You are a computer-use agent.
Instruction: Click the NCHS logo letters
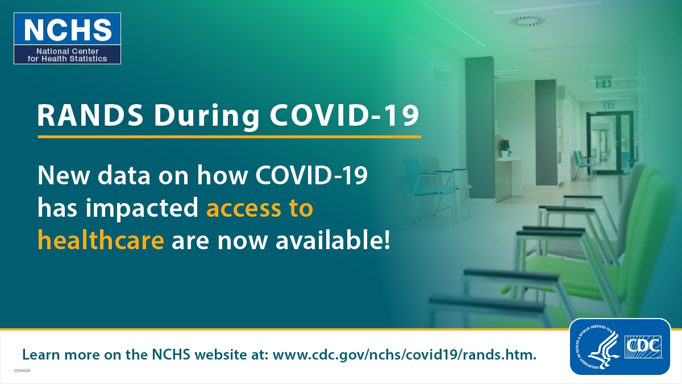68,30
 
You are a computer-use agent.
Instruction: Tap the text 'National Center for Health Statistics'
67,55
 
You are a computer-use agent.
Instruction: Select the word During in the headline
207,117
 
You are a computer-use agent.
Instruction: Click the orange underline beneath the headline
229,137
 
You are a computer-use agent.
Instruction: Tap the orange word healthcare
101,240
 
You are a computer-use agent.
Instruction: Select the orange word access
244,208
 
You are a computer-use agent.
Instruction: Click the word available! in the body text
332,240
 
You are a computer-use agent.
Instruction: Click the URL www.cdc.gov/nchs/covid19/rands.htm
404,355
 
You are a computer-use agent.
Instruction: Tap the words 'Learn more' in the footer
61,355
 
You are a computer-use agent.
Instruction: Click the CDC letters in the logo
643,347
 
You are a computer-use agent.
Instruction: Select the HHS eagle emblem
598,347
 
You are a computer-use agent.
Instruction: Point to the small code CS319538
22,371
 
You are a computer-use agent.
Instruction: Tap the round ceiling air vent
527,21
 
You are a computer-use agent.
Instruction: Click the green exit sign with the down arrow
604,83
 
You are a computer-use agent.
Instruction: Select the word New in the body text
64,176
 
